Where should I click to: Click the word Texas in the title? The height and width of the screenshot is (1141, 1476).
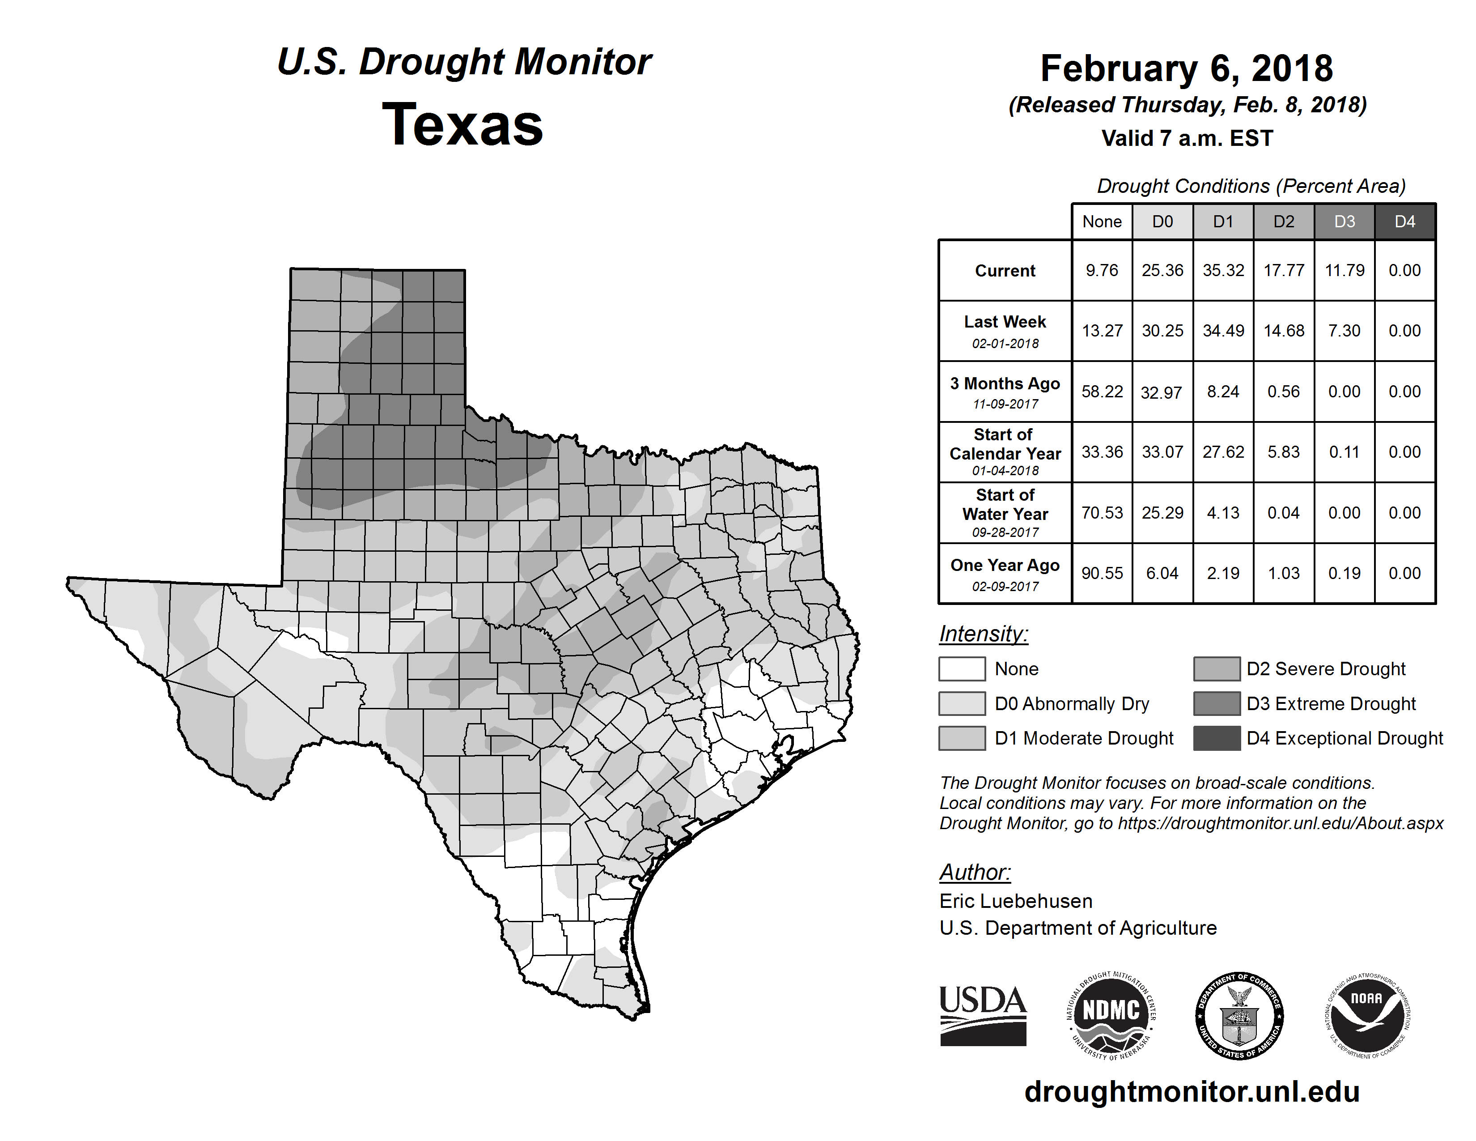(x=462, y=125)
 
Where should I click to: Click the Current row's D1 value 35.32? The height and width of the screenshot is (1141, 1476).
(x=1223, y=270)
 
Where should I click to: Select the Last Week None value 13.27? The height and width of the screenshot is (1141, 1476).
(x=1102, y=331)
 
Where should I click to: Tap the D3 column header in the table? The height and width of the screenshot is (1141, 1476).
(x=1344, y=221)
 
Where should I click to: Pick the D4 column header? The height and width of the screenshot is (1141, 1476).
(x=1404, y=221)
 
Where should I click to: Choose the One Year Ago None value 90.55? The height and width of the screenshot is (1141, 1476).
(x=1102, y=573)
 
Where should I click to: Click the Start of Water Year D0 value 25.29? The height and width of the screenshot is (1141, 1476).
(x=1162, y=513)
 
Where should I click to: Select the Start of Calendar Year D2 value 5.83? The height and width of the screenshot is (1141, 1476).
(x=1283, y=452)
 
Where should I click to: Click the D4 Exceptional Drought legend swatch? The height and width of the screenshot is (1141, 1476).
(x=1217, y=738)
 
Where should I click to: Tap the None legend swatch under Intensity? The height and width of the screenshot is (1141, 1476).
(x=962, y=668)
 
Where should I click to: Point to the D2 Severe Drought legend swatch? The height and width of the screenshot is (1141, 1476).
(x=1217, y=668)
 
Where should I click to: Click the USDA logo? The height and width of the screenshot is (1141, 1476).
(x=983, y=1015)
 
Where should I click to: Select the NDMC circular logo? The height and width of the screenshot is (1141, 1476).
(x=1111, y=1015)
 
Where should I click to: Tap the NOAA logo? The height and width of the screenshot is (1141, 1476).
(x=1366, y=1015)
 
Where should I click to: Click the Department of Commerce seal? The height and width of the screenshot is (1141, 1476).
(x=1239, y=1015)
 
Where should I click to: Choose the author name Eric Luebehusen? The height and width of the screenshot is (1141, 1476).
(x=1016, y=901)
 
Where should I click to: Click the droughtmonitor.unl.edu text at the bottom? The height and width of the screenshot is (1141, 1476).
(x=1192, y=1092)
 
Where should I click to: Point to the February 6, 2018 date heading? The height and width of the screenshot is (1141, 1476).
(x=1187, y=68)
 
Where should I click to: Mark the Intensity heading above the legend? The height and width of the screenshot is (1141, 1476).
(x=983, y=634)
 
